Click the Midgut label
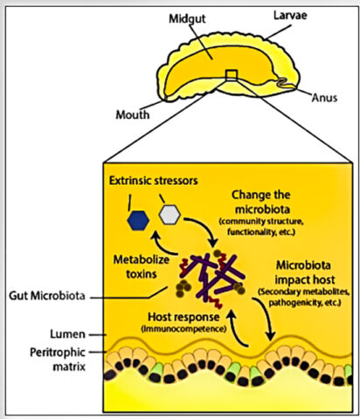(x=187, y=19)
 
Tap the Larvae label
(x=290, y=16)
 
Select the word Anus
(x=324, y=98)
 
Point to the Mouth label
(x=133, y=114)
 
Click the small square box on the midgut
(x=232, y=75)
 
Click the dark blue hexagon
(x=138, y=221)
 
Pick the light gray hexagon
(x=170, y=215)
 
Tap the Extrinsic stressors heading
(x=154, y=181)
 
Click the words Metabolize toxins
(x=142, y=266)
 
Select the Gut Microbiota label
(x=47, y=296)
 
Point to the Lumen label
(x=67, y=334)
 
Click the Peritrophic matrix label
(x=58, y=360)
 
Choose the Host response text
(x=183, y=317)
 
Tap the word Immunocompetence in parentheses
(x=183, y=329)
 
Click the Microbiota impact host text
(x=304, y=272)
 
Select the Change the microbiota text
(x=261, y=202)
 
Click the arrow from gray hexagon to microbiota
(x=205, y=226)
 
